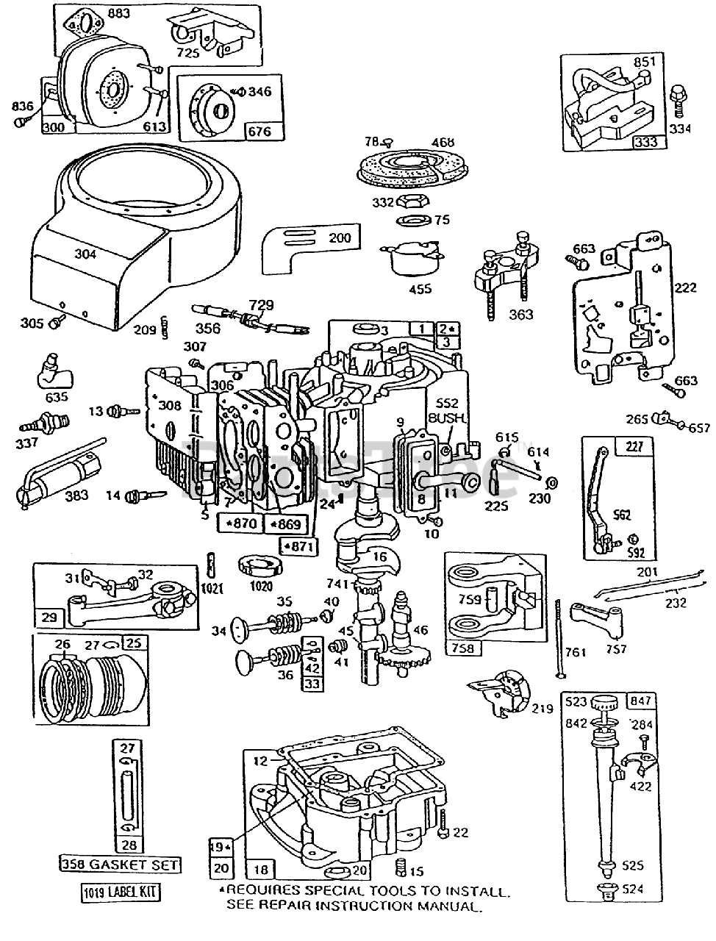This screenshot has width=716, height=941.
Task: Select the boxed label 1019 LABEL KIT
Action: point(121,893)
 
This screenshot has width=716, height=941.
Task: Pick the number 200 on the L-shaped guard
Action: point(340,237)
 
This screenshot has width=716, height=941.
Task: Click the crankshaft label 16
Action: point(379,557)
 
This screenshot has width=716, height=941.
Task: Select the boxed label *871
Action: point(297,546)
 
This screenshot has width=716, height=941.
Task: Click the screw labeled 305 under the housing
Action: point(57,321)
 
